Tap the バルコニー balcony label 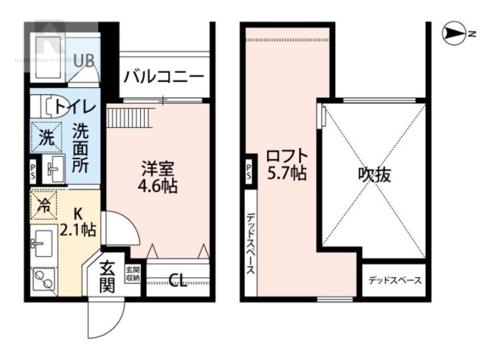click(163, 77)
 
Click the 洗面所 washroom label click(80, 148)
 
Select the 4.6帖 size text click(158, 186)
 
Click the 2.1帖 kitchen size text click(78, 230)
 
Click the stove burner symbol click(43, 281)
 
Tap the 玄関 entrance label click(107, 276)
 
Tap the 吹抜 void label click(374, 175)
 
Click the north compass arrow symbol click(455, 34)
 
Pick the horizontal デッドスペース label click(395, 281)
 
